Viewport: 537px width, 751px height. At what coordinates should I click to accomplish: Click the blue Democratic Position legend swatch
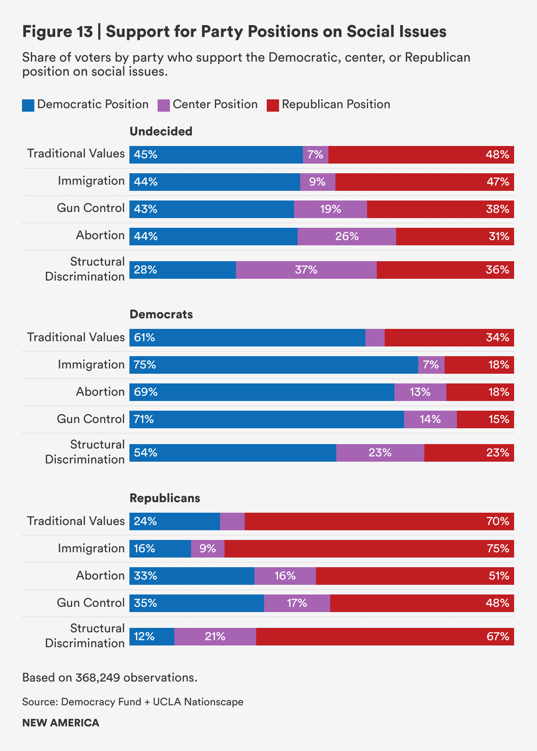click(28, 106)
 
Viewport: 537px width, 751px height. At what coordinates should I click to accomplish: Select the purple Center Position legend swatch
click(164, 106)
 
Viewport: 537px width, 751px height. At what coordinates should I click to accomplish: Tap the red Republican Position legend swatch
click(273, 106)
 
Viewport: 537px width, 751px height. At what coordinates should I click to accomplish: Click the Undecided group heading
click(161, 131)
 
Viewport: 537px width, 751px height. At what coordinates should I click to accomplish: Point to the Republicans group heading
click(165, 498)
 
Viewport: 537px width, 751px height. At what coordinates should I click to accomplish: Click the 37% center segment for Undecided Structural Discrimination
click(306, 270)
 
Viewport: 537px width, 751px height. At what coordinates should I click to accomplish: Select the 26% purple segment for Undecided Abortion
click(346, 237)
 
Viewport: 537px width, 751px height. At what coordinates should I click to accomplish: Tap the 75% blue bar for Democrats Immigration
click(273, 365)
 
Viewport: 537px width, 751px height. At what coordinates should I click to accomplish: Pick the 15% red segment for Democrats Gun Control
click(485, 419)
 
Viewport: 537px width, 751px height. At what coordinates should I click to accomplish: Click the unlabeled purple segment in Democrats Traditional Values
click(375, 338)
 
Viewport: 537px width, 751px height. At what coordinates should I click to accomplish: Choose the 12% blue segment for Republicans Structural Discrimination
click(151, 637)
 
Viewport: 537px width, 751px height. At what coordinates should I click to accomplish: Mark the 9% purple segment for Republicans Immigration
click(207, 549)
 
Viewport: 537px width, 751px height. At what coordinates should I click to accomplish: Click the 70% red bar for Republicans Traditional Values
click(379, 521)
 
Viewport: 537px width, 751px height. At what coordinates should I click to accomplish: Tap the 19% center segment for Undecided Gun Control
click(330, 209)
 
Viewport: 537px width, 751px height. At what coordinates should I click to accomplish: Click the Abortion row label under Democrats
click(100, 392)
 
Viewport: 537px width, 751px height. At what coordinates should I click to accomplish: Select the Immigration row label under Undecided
click(91, 181)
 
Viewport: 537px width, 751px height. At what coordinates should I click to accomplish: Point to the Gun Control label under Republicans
click(91, 603)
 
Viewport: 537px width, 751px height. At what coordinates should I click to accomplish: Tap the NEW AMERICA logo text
click(61, 723)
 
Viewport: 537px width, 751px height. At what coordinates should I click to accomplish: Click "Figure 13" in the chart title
click(58, 32)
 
